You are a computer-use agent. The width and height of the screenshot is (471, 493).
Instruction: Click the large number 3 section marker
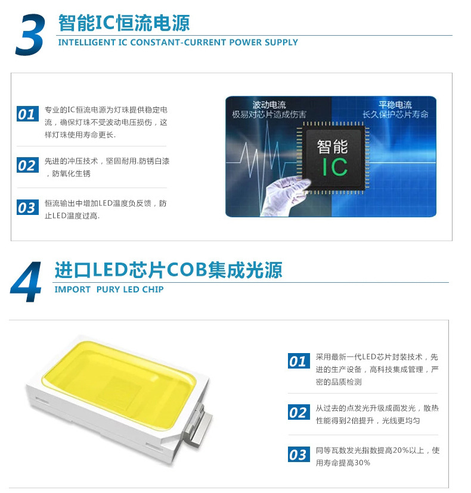30,35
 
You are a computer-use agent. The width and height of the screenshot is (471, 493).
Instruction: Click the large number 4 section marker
26,282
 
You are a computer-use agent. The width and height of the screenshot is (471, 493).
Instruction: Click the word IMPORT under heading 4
72,289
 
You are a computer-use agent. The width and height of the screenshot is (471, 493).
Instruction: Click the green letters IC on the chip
334,167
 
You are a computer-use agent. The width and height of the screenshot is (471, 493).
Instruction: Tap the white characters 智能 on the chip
333,147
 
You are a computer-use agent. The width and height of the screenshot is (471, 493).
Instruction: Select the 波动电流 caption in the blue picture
269,105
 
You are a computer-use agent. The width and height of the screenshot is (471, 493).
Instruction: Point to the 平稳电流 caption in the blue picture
395,105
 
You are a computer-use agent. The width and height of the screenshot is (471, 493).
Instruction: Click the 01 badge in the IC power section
27,114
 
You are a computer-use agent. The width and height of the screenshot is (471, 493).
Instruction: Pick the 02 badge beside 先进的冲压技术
27,165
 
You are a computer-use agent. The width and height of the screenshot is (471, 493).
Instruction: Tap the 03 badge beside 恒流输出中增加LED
27,207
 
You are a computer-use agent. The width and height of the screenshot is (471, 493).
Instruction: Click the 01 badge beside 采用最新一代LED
299,361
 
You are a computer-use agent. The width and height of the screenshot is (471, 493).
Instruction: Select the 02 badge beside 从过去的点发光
299,412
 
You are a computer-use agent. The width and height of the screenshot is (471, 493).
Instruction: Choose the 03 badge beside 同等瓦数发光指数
299,454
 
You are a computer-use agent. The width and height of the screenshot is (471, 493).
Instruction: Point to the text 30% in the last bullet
362,463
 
